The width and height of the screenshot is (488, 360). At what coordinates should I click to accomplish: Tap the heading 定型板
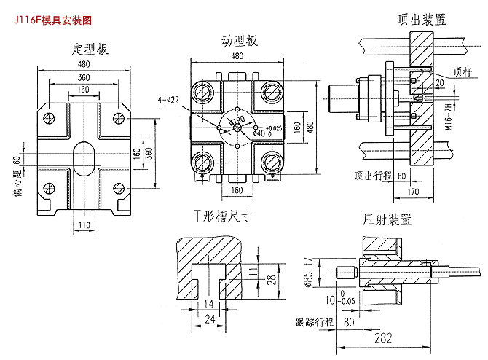click(x=90, y=50)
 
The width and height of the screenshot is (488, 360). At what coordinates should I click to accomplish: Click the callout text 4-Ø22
click(x=168, y=99)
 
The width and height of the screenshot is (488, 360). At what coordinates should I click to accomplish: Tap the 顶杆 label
click(x=462, y=71)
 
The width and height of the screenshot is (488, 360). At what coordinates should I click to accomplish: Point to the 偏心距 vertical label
click(x=17, y=182)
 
